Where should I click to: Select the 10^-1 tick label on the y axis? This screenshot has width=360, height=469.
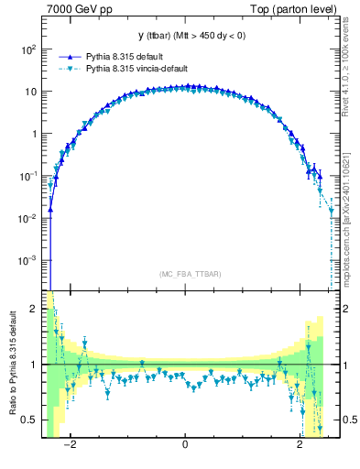[27, 175]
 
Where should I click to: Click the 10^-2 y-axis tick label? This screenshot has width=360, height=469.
[27, 218]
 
